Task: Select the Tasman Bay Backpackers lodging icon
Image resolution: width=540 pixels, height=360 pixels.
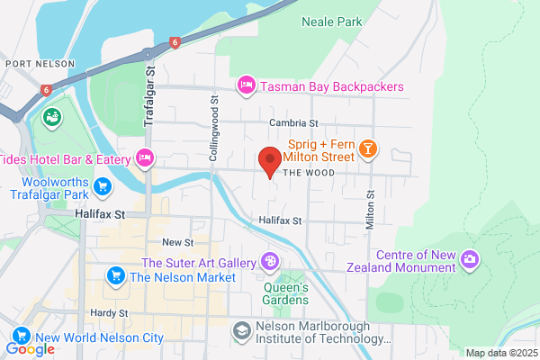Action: (244, 86)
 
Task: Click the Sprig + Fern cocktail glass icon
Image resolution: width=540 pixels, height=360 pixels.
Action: (367, 149)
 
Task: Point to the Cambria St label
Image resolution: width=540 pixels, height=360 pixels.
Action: (293, 123)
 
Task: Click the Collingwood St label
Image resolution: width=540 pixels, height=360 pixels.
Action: (214, 130)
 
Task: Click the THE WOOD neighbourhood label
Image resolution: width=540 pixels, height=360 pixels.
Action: (308, 173)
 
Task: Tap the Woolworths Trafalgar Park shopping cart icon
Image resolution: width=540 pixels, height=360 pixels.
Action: (103, 187)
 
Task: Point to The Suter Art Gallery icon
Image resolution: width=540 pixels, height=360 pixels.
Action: (269, 262)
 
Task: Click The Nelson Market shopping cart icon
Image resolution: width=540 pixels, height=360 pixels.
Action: (115, 276)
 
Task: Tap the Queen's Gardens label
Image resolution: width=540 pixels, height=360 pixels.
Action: (286, 292)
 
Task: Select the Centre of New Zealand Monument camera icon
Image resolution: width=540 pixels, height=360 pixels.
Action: (469, 261)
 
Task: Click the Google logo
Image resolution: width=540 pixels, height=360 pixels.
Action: (31, 349)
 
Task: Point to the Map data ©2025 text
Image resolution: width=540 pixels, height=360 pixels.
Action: (499, 353)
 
